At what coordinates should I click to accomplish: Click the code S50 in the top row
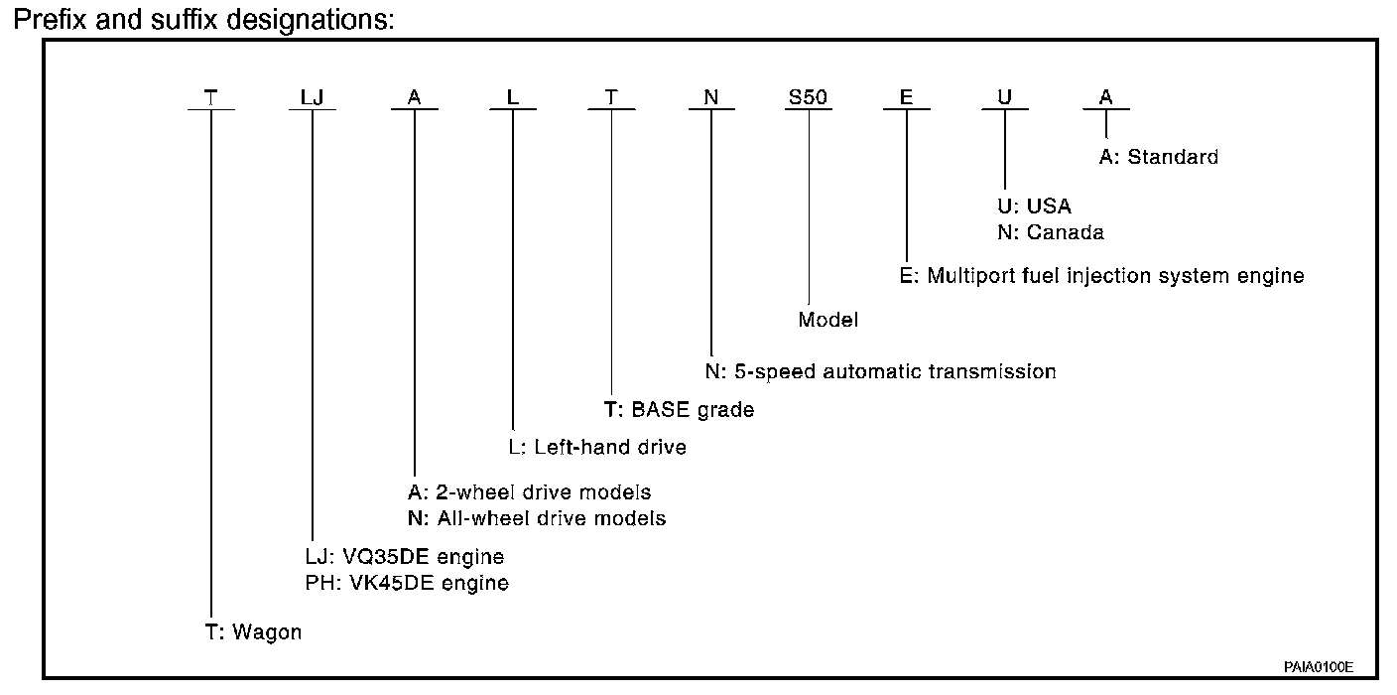point(808,97)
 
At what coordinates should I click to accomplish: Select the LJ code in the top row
point(312,97)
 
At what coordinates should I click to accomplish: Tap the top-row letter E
point(906,97)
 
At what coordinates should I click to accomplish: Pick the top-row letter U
point(1004,97)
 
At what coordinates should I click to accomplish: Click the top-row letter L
point(512,97)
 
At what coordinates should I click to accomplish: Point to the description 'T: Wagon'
point(253,632)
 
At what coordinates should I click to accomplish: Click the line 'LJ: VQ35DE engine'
point(404,557)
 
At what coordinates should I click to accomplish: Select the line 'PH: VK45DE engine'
point(407,584)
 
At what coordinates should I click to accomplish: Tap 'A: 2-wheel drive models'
point(529,492)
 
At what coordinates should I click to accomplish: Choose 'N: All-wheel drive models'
point(536,518)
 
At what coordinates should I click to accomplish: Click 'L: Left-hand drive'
point(597,447)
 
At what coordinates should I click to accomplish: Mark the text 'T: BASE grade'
point(679,410)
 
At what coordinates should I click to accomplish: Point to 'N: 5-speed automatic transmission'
point(880,372)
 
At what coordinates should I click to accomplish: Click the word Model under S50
point(827,320)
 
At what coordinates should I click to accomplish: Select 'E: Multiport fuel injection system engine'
point(1101,276)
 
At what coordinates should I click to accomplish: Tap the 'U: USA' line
point(1035,207)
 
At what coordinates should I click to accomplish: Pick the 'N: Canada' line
point(1051,232)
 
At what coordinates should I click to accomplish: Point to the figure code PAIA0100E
point(1320,666)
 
